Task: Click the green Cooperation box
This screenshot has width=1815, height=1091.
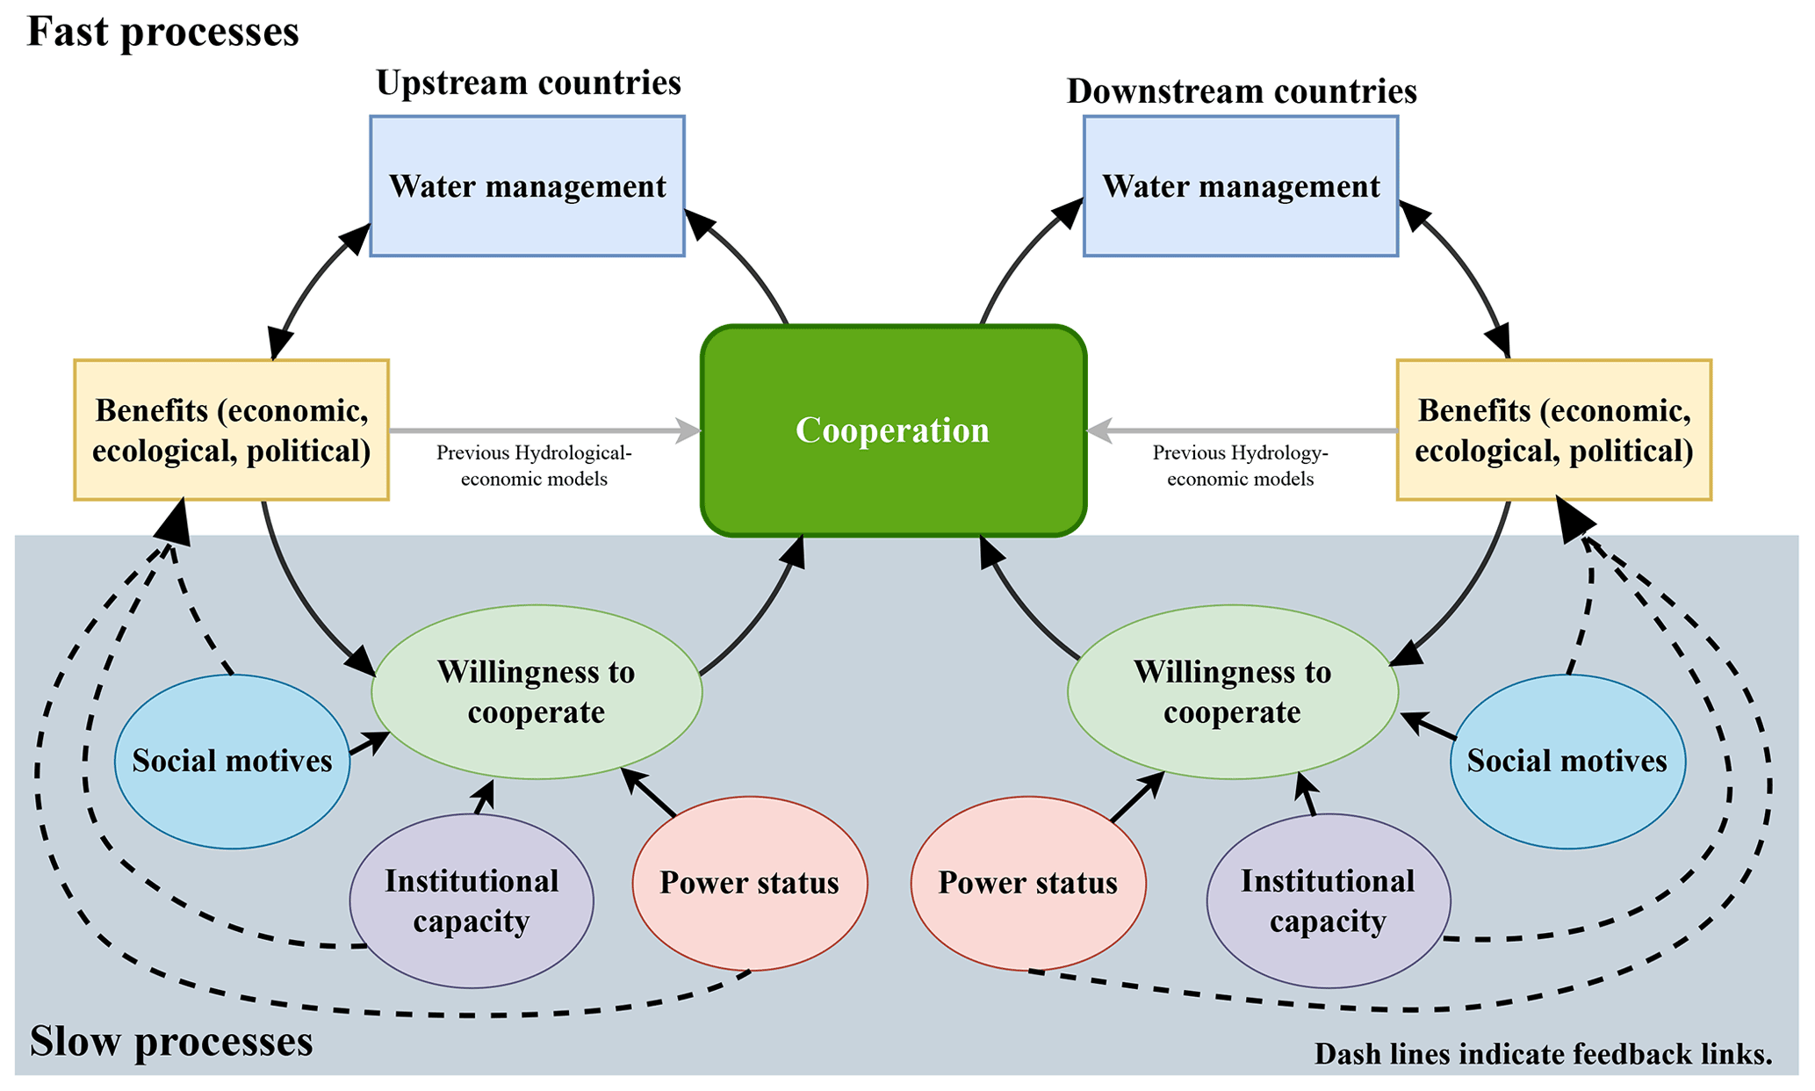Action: tap(893, 430)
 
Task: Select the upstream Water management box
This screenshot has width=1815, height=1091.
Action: tap(527, 186)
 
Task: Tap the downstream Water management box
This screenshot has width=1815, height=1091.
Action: tap(1241, 186)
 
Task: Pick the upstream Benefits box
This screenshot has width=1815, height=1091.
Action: tap(231, 430)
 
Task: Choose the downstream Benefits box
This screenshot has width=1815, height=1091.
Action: tap(1553, 430)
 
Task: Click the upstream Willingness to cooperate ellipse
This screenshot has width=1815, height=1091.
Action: tap(537, 692)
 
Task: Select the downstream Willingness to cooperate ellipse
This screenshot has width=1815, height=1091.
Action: tap(1232, 692)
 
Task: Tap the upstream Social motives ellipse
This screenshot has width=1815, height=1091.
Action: tap(232, 762)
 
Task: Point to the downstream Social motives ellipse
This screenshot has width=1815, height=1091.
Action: tap(1567, 762)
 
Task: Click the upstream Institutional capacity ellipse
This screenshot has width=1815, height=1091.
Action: tap(472, 901)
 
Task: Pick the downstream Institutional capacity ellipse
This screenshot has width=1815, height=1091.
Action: tap(1328, 901)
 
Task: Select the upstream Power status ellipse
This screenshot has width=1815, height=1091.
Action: tap(750, 883)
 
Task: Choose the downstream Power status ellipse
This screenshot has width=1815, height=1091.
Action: tap(1028, 883)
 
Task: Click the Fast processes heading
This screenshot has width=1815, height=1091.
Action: tap(163, 33)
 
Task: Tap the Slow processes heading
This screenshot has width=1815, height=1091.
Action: tap(171, 1042)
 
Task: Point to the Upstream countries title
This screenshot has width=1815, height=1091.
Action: tap(529, 83)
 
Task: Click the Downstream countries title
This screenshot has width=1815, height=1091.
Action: tap(1242, 91)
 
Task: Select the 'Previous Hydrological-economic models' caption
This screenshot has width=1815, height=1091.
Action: tap(534, 466)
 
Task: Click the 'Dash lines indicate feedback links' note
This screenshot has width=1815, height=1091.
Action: tap(1543, 1054)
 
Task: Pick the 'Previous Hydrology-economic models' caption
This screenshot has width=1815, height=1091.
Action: tap(1240, 466)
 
